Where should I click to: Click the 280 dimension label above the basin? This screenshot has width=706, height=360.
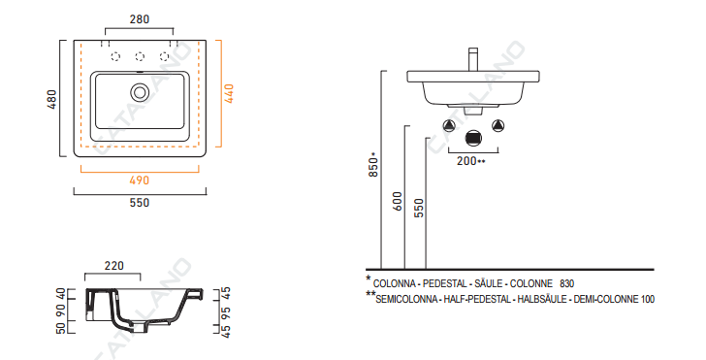pyautogui.click(x=140, y=19)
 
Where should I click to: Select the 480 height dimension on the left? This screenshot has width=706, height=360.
pyautogui.click(x=52, y=99)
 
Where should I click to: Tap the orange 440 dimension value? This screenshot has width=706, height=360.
pyautogui.click(x=229, y=94)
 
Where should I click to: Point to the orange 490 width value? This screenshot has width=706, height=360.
pyautogui.click(x=139, y=180)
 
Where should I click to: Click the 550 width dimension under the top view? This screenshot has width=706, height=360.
pyautogui.click(x=140, y=203)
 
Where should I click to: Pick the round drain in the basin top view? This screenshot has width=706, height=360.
pyautogui.click(x=140, y=92)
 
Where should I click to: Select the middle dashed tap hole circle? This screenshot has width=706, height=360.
pyautogui.click(x=140, y=56)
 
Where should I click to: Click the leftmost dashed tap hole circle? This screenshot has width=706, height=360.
pyautogui.click(x=115, y=56)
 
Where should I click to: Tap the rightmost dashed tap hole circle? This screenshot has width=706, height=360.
pyautogui.click(x=164, y=56)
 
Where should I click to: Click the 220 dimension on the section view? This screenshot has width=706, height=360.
pyautogui.click(x=113, y=266)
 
